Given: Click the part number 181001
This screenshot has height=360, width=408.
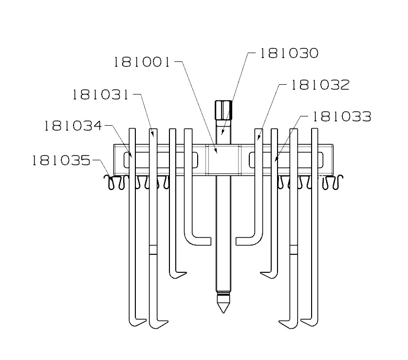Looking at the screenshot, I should pos(142,62).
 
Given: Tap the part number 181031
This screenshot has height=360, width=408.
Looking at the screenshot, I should pos(100,94).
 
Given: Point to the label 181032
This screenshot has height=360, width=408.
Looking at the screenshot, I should pos(320,85).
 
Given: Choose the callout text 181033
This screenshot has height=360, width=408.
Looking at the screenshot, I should pos(341,116).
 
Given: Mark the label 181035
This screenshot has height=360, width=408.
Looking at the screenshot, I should pos(61,160).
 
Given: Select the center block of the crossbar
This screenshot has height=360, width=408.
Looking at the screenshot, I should pos(223,159).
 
